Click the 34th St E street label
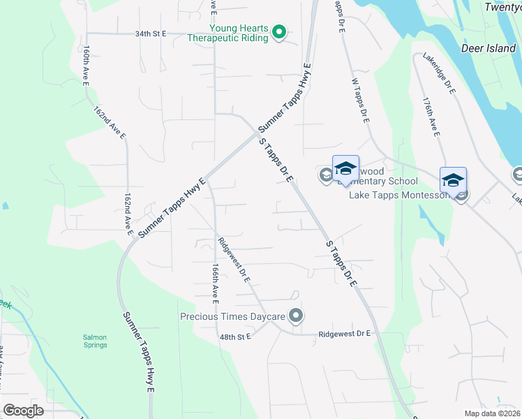tap(151, 33)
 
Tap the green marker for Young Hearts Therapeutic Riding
tap(278, 32)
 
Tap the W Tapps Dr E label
tap(361, 101)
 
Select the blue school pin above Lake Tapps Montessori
tap(453, 181)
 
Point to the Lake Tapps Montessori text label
tap(399, 195)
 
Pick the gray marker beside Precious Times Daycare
tap(296, 317)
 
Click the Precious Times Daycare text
tap(233, 317)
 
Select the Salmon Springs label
tap(95, 341)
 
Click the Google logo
tap(24, 410)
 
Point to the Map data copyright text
tap(492, 413)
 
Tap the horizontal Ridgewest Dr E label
tap(344, 335)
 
